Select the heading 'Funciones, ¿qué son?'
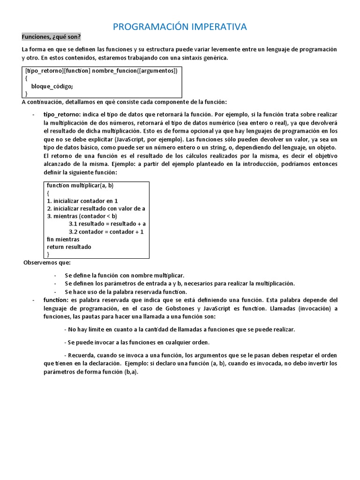pos(51,37)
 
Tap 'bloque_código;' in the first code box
pos(52,86)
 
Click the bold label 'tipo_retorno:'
pos(62,114)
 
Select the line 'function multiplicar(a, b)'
pos(80,186)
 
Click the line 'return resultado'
pos(69,247)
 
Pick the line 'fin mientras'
pos(63,239)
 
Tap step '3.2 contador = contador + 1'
pos(106,232)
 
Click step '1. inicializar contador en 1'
pos(82,201)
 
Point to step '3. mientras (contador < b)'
pos(82,216)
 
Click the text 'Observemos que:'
pos(47,262)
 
